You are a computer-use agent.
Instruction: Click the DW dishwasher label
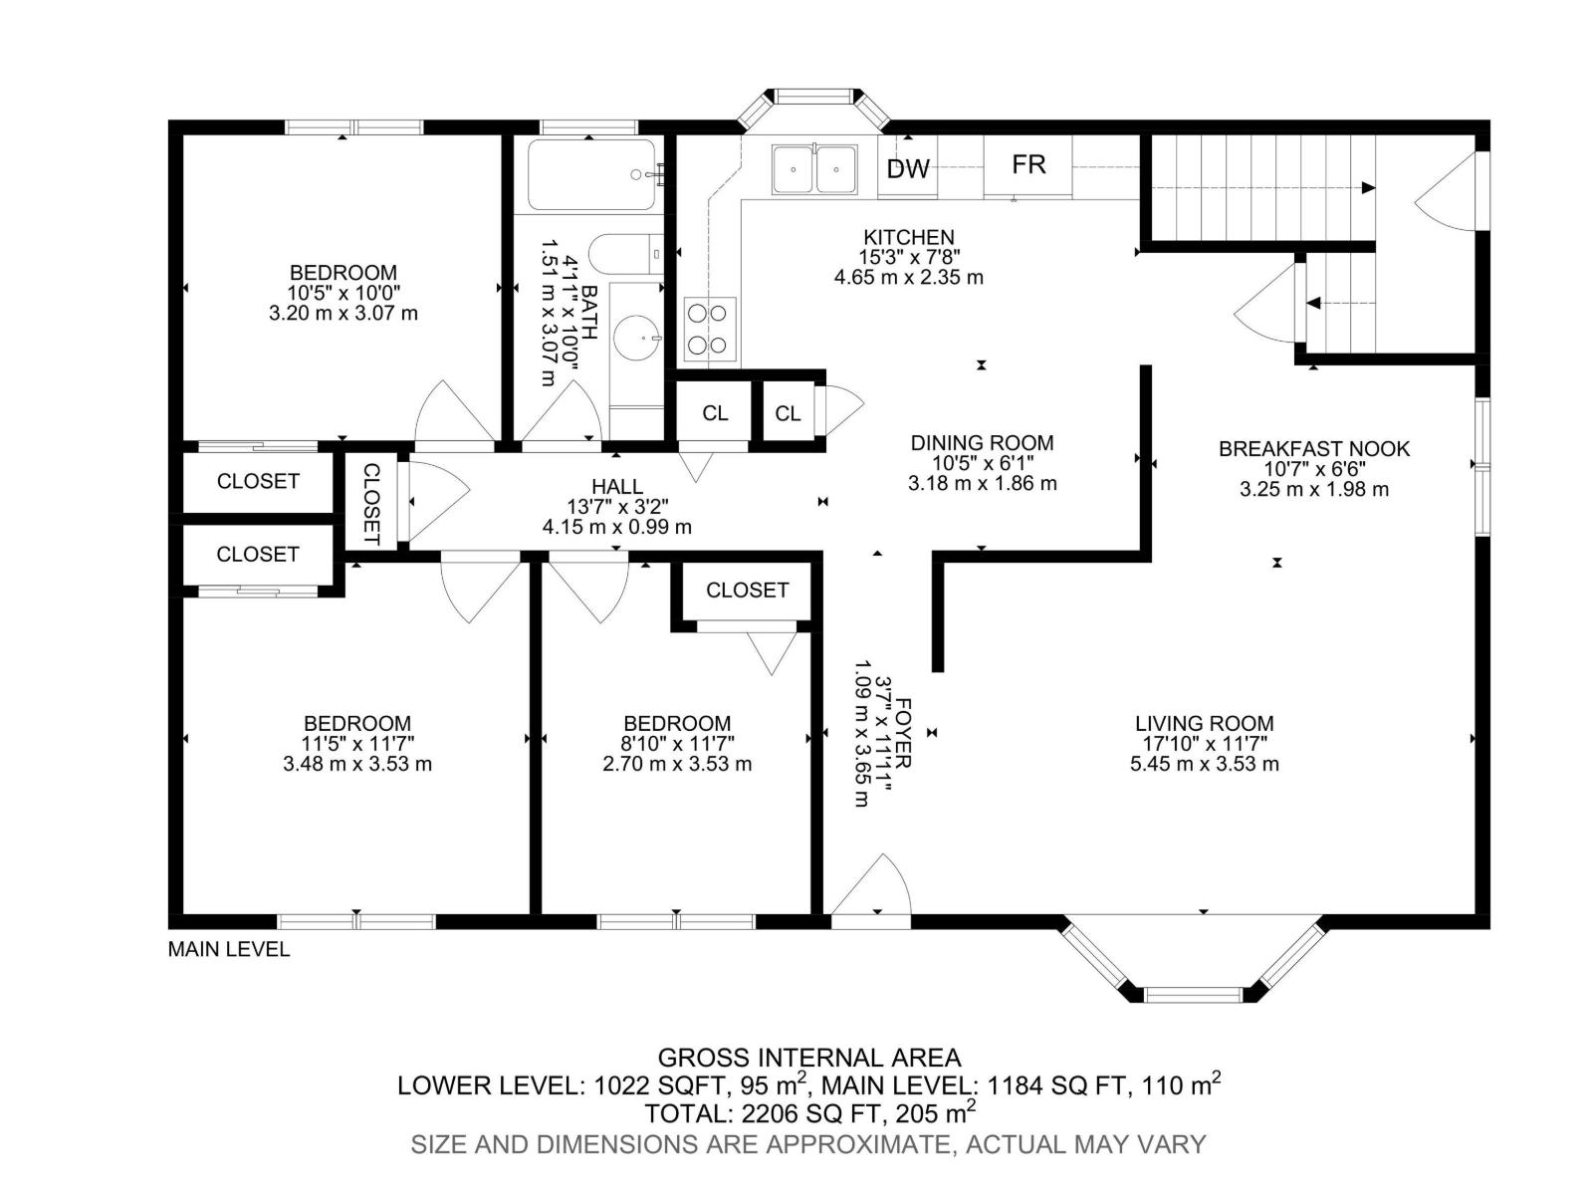tap(907, 169)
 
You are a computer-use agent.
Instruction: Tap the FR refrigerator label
tap(1028, 164)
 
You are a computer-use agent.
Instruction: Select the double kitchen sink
tap(813, 169)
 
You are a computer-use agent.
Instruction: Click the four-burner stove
tap(709, 330)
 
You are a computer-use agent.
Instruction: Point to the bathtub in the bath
tap(591, 175)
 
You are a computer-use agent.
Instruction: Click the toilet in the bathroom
tap(625, 254)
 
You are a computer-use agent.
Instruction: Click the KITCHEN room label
tap(908, 237)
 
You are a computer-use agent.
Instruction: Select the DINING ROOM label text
tap(982, 442)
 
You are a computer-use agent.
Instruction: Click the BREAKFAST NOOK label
tap(1313, 449)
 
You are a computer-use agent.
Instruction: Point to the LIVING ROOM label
tap(1204, 723)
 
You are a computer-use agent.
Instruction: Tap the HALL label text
tap(617, 486)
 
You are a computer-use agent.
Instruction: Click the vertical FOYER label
tap(904, 733)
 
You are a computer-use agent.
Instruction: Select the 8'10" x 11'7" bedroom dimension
tap(676, 743)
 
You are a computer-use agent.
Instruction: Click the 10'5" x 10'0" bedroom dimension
tap(343, 293)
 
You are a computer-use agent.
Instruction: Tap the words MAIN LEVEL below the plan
tap(229, 949)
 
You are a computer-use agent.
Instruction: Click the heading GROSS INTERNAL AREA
tap(809, 1058)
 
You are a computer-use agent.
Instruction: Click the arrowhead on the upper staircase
tap(1368, 188)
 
